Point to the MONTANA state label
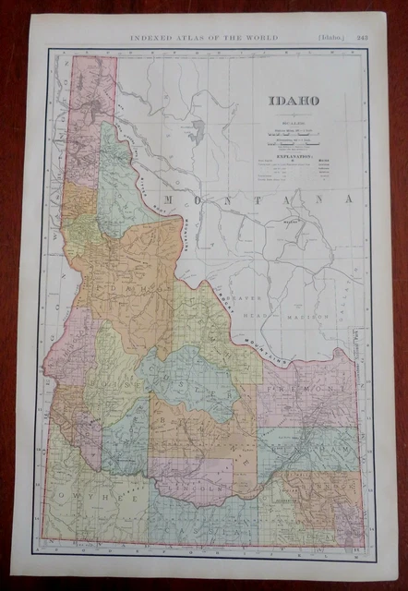point(254,199)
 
